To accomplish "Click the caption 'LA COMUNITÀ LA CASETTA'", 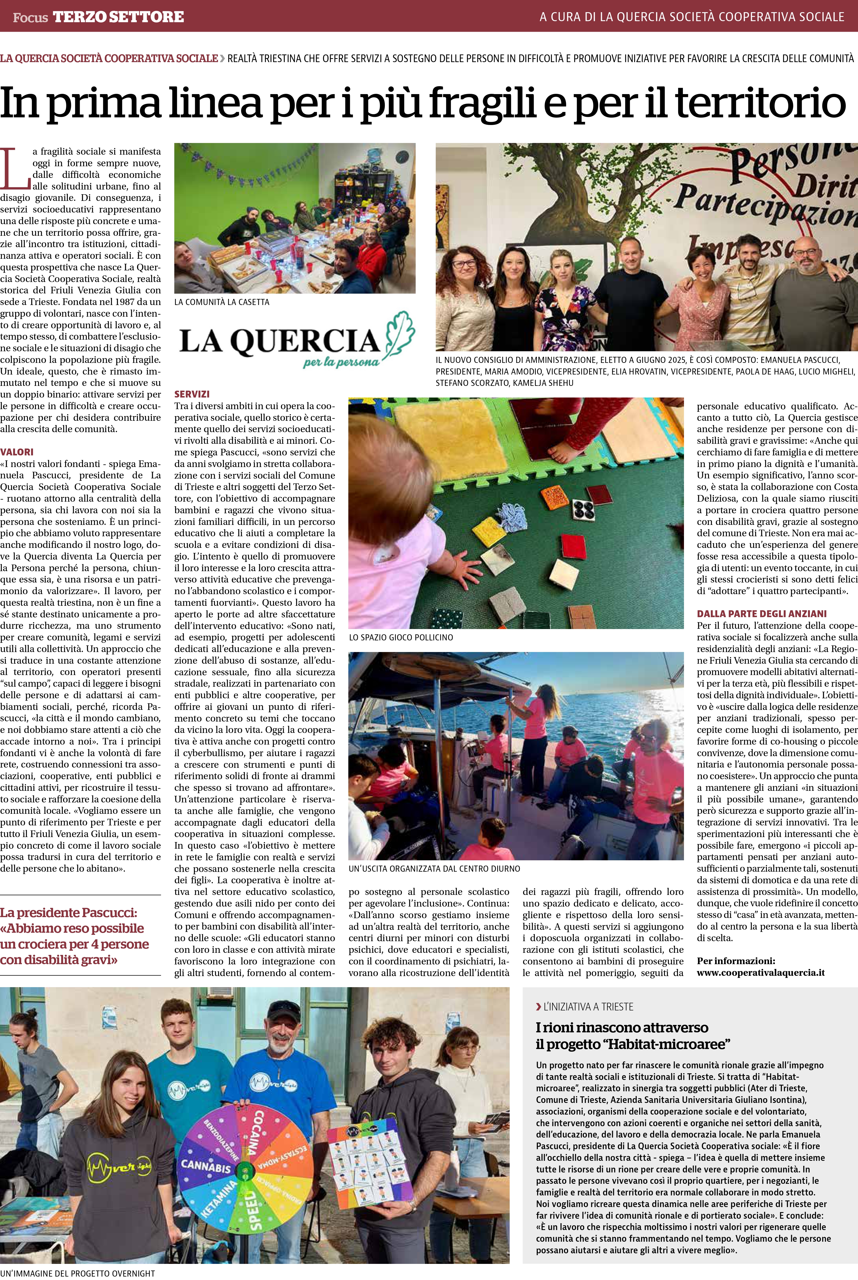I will click(222, 302).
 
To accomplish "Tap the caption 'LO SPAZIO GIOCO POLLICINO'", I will click(401, 637).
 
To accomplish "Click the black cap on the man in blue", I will click(284, 1008).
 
